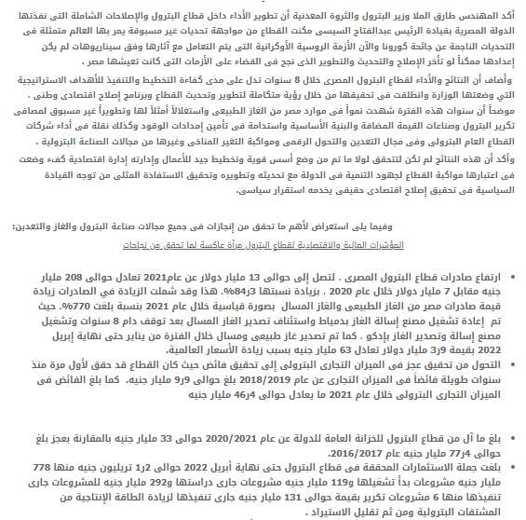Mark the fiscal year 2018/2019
click(x=266, y=382)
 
